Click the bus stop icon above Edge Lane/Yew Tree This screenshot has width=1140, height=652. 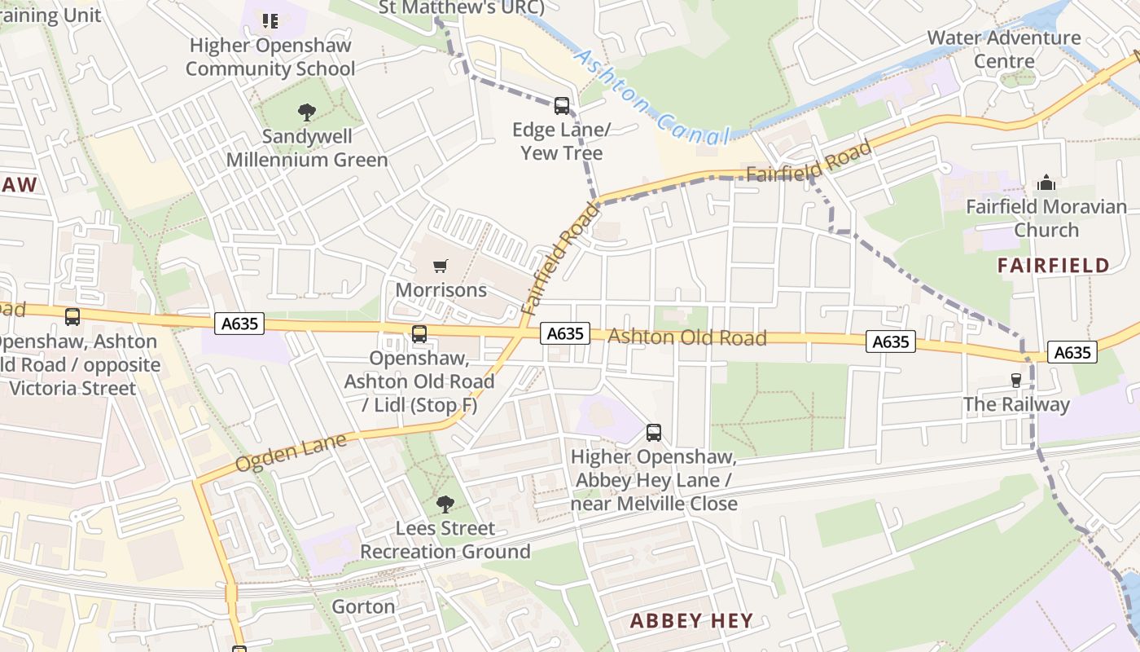562,105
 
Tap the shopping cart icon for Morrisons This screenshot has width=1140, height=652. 441,266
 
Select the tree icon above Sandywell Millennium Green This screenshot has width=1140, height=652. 307,112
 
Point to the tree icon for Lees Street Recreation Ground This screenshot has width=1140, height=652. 445,504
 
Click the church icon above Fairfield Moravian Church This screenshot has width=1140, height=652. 1046,183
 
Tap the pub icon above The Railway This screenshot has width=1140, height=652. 1015,380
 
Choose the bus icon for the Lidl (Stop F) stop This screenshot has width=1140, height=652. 419,333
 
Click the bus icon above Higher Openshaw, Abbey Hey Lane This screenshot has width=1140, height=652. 654,433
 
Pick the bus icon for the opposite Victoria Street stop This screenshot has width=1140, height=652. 72,317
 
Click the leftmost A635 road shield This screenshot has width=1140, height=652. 240,324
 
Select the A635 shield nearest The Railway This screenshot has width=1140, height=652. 1072,352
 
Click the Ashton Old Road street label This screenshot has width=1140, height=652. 687,337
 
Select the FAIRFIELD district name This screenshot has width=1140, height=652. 1053,265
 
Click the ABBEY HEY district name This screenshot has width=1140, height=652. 691,620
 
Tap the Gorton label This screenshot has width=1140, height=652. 363,606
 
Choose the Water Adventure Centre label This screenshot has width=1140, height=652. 1004,49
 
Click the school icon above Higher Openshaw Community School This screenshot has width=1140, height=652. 270,20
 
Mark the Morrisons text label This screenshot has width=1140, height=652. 441,290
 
